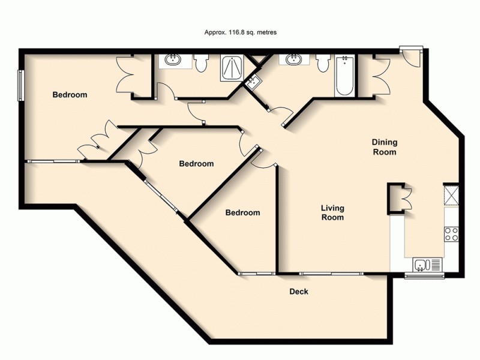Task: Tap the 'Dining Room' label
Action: pyautogui.click(x=384, y=147)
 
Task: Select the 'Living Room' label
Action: pyautogui.click(x=332, y=212)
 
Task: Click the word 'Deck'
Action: pyautogui.click(x=299, y=292)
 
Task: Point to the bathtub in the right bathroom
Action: pyautogui.click(x=344, y=76)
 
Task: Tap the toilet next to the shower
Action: pyautogui.click(x=201, y=62)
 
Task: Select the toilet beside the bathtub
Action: pyautogui.click(x=323, y=62)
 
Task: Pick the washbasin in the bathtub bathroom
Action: pyautogui.click(x=294, y=60)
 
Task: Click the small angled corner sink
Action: pyautogui.click(x=252, y=83)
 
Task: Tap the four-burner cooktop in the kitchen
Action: pyautogui.click(x=451, y=233)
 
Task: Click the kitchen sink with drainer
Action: pyautogui.click(x=428, y=265)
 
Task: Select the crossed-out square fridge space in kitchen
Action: pyautogui.click(x=451, y=194)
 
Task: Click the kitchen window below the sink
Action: pyautogui.click(x=424, y=276)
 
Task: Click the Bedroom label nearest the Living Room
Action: pyautogui.click(x=242, y=212)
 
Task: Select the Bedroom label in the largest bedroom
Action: pyautogui.click(x=70, y=95)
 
